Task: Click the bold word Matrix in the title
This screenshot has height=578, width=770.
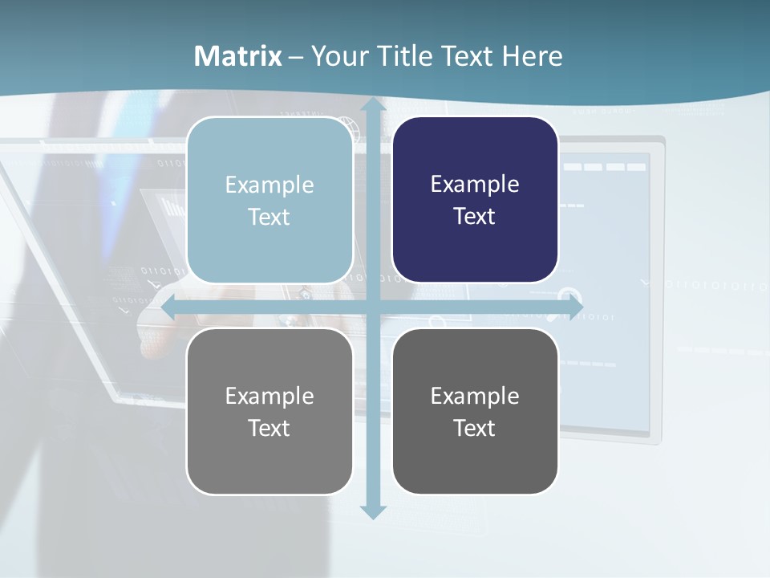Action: point(238,56)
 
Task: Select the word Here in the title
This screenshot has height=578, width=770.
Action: point(532,56)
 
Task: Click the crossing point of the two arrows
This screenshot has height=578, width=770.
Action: point(372,307)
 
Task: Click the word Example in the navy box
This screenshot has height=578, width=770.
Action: point(475,185)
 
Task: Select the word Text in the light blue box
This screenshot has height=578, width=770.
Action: point(269,218)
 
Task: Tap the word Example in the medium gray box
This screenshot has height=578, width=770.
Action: point(269,397)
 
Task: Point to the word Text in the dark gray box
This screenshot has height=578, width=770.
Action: point(475,429)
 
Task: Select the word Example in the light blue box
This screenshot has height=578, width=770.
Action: point(269,185)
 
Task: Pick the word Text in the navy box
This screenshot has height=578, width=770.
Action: point(475,217)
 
